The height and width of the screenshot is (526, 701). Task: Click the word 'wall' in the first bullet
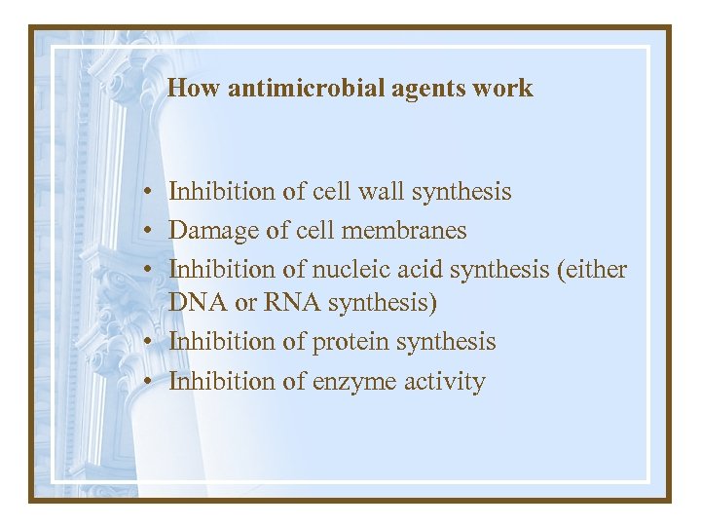tap(383, 192)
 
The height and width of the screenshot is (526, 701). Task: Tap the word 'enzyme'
tap(352, 382)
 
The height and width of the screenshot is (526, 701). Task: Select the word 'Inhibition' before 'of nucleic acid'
tap(222, 270)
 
